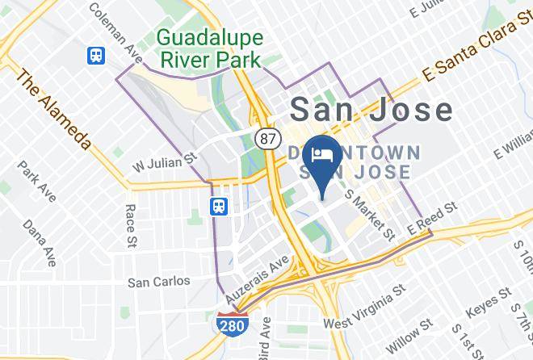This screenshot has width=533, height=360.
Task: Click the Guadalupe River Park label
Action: [209, 48]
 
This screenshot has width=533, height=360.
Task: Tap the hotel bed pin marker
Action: [324, 161]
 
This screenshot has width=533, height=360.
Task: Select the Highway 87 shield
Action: [266, 138]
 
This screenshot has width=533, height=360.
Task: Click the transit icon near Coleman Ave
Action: [97, 57]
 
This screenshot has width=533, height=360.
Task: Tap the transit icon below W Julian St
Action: [219, 207]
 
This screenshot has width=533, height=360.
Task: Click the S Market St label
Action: [369, 214]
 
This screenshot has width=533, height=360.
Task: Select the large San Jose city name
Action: [370, 109]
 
